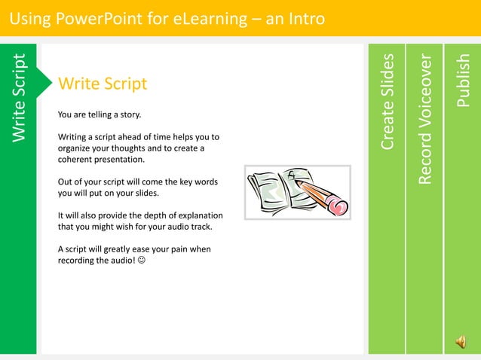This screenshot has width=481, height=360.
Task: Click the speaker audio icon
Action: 460,343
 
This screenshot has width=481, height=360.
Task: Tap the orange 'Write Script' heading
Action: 103,84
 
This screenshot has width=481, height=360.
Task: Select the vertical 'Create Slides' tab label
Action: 388,102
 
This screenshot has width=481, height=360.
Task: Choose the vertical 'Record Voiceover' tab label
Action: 425,119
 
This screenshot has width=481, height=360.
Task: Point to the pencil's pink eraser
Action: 339,205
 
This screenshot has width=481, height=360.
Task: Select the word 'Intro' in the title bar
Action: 305,17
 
